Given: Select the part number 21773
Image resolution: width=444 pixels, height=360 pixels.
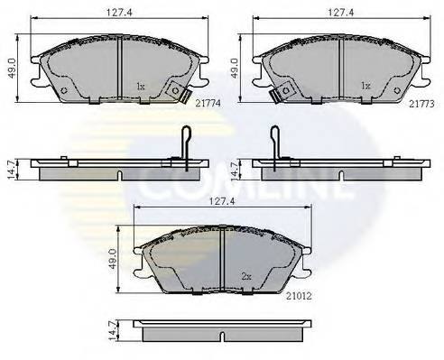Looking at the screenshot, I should coord(420,105).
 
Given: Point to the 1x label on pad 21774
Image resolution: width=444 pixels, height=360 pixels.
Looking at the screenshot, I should coord(140,87).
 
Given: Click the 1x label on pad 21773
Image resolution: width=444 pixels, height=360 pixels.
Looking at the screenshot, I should coord(365,87).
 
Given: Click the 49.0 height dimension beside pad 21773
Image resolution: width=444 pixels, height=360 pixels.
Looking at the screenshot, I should coord(237,69).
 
